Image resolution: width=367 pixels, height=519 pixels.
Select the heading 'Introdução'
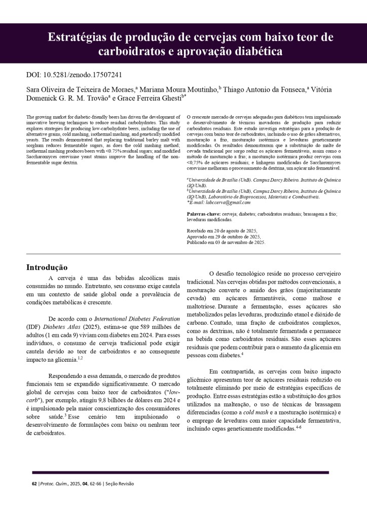click(x=47, y=267)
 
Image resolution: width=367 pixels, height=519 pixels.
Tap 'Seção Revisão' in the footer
click(x=120, y=483)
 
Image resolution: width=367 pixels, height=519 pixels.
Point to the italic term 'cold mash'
click(x=255, y=412)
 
